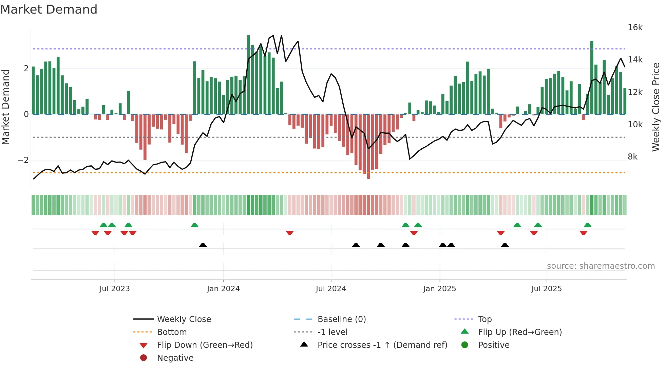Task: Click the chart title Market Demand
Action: coord(49,10)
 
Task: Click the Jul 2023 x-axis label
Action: coord(115,289)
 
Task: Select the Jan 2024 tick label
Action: coord(223,289)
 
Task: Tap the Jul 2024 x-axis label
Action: coord(331,289)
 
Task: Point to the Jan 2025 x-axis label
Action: coord(440,289)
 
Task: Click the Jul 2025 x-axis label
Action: coord(547,289)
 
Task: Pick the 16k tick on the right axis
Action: coord(635,27)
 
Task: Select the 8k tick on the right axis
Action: coord(632,157)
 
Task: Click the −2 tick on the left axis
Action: coord(23,160)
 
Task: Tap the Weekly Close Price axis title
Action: coord(656,107)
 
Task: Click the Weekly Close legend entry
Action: coord(184,319)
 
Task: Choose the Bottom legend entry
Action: coord(172,332)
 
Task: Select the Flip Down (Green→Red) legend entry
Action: coord(205,345)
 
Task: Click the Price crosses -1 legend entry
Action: coord(382,345)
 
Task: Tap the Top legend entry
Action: coord(485,319)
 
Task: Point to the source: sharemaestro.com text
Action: coord(601,266)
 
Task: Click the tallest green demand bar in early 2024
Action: coord(248,75)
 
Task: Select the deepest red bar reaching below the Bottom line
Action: coord(368,146)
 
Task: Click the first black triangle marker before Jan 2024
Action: coord(203,245)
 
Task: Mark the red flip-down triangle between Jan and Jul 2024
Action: coord(290,233)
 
